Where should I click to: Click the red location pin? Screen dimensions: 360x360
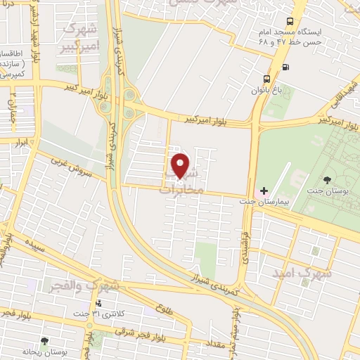tap(181, 165)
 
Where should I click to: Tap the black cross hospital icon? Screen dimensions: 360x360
tap(264, 191)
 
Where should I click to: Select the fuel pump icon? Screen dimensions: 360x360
tap(285, 67)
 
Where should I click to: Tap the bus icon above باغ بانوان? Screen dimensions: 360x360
tap(266, 79)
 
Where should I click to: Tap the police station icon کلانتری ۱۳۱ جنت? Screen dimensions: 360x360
tap(98, 304)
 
